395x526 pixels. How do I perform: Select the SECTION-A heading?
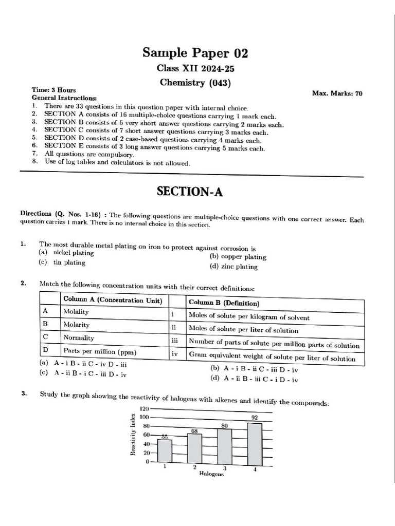pyautogui.click(x=190, y=191)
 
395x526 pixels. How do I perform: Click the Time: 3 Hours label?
pyautogui.click(x=53, y=89)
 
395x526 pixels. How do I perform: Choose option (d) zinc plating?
pyautogui.click(x=233, y=267)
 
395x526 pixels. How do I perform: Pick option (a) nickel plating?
pyautogui.click(x=67, y=253)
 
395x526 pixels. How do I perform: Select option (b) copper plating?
pyautogui.click(x=238, y=257)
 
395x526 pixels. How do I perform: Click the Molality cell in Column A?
pyautogui.click(x=76, y=311)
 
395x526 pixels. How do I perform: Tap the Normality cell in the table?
pyautogui.click(x=78, y=337)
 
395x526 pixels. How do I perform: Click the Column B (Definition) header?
pyautogui.click(x=224, y=303)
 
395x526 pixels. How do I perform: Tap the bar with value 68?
pyautogui.click(x=194, y=448)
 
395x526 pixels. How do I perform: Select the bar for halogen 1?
pyautogui.click(x=165, y=450)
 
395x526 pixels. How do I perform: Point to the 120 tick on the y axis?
pyautogui.click(x=144, y=408)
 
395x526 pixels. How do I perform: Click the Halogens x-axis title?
pyautogui.click(x=211, y=474)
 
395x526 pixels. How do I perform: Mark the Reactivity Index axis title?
pyautogui.click(x=133, y=434)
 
